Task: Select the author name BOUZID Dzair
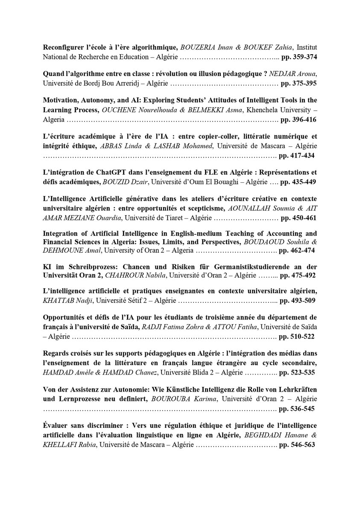(125, 182)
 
